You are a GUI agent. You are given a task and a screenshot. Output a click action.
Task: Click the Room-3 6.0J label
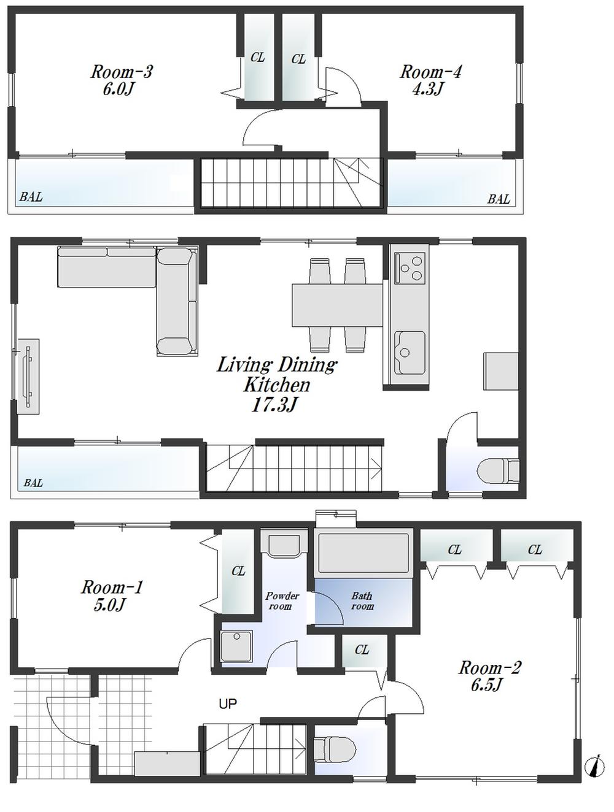click(x=121, y=80)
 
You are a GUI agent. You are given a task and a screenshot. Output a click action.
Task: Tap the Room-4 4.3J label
click(x=430, y=80)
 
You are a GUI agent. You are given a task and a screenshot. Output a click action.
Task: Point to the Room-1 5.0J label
click(x=112, y=596)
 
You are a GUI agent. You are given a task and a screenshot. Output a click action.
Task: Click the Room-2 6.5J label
click(x=489, y=675)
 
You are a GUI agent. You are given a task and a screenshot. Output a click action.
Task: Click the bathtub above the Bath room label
click(x=362, y=553)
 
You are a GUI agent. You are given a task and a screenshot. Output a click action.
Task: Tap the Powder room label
click(x=282, y=601)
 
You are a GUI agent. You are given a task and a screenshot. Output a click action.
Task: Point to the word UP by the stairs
click(x=228, y=704)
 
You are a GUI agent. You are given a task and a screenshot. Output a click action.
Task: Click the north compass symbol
click(x=593, y=766)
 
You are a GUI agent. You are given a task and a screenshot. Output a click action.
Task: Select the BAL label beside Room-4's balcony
click(x=498, y=199)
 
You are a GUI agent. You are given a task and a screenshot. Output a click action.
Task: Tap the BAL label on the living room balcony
click(x=33, y=483)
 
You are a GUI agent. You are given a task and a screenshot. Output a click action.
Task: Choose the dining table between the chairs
click(x=337, y=305)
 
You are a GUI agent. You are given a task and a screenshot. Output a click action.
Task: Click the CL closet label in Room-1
click(x=238, y=571)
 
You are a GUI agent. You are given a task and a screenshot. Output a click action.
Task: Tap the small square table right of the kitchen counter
click(x=500, y=370)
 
